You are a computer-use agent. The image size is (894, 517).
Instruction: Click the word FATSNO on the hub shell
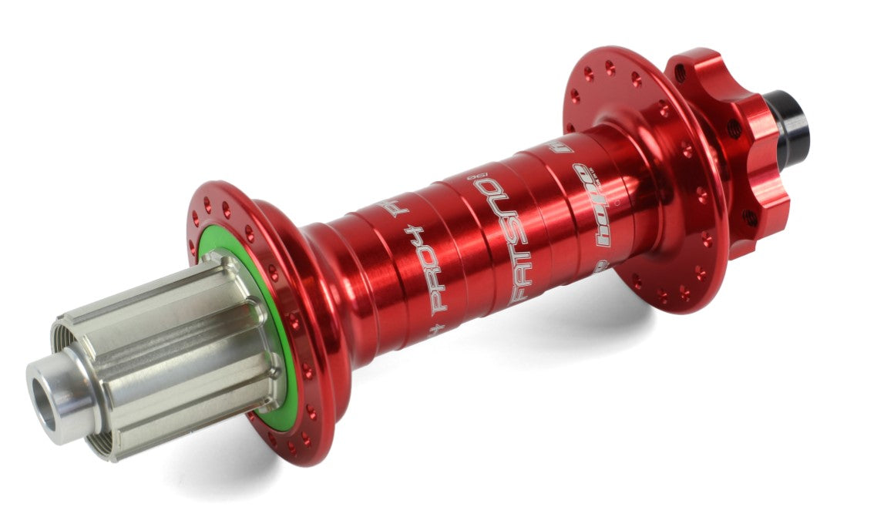click(x=496, y=238)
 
